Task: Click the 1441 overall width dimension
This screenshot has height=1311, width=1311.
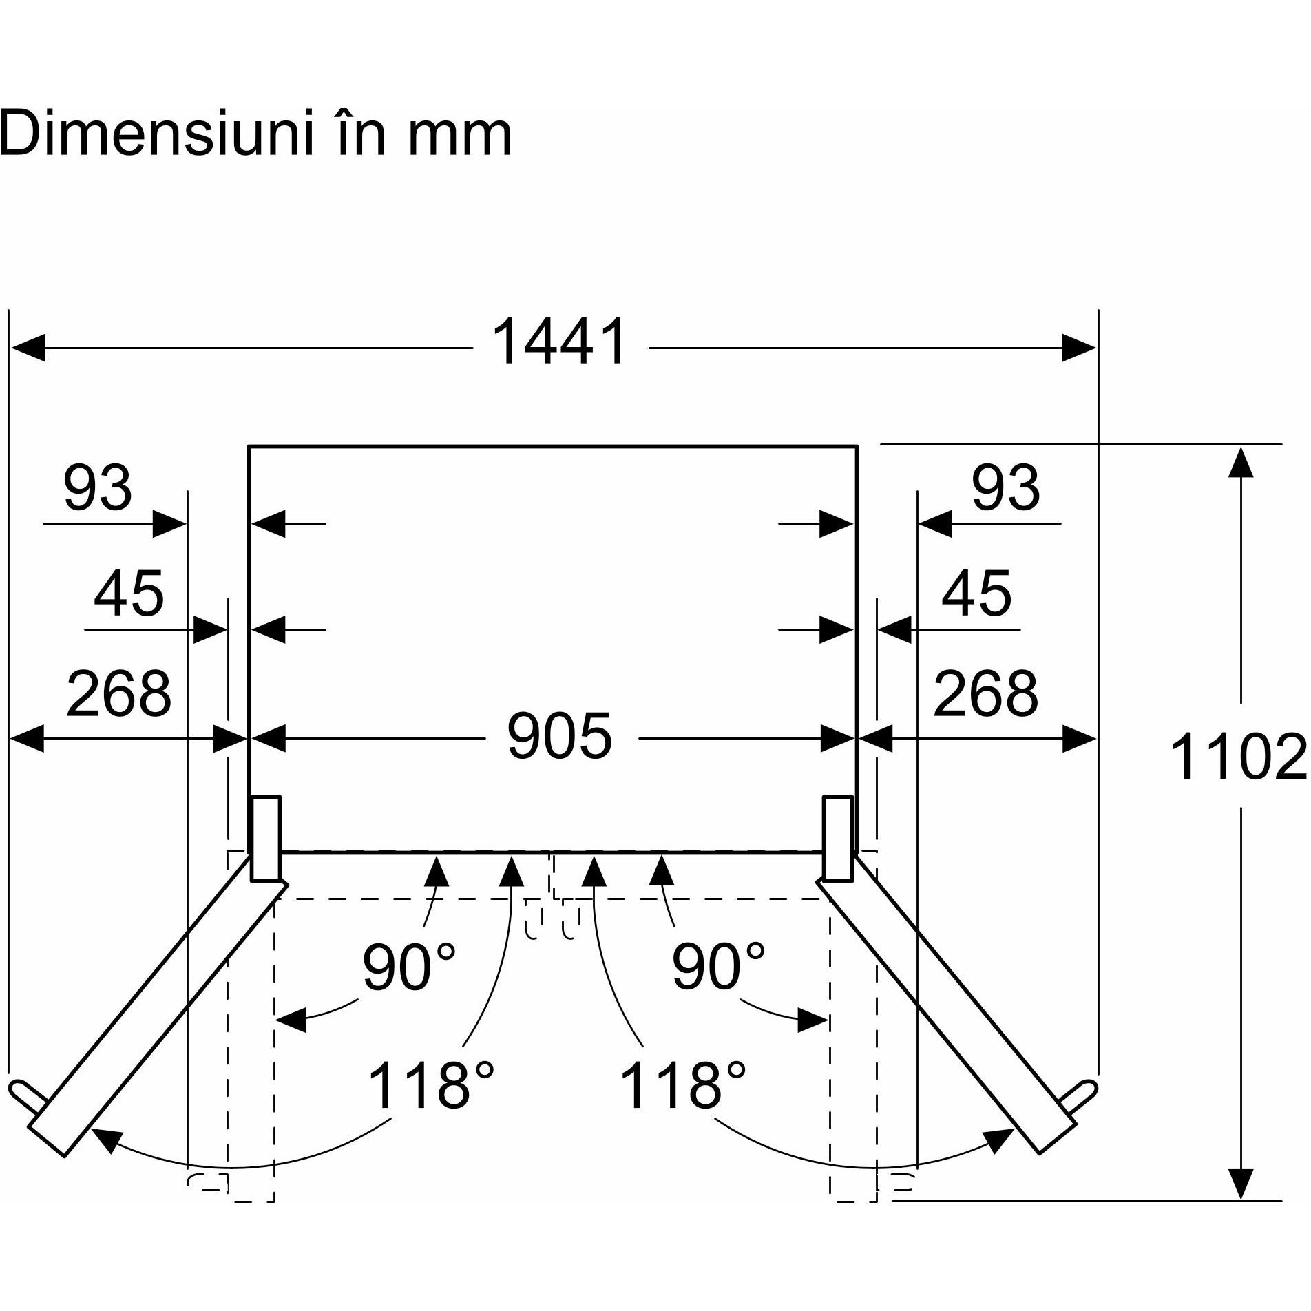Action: (x=559, y=342)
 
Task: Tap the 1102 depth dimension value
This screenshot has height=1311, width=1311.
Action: (x=1237, y=757)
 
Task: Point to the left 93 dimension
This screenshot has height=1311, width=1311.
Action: (x=97, y=487)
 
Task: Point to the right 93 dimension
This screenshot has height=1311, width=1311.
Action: (x=1005, y=487)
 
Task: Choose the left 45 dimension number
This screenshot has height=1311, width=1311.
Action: (x=129, y=594)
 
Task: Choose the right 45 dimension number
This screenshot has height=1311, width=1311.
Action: (x=976, y=594)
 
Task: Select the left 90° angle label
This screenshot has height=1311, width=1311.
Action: (x=409, y=967)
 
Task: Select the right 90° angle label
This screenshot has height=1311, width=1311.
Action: (x=718, y=967)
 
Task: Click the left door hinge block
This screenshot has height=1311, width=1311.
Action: (x=266, y=839)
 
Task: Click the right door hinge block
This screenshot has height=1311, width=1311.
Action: (x=837, y=839)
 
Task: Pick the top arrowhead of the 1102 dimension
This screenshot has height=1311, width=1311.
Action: (x=1240, y=461)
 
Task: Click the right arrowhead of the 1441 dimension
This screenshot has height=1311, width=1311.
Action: (x=1079, y=348)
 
